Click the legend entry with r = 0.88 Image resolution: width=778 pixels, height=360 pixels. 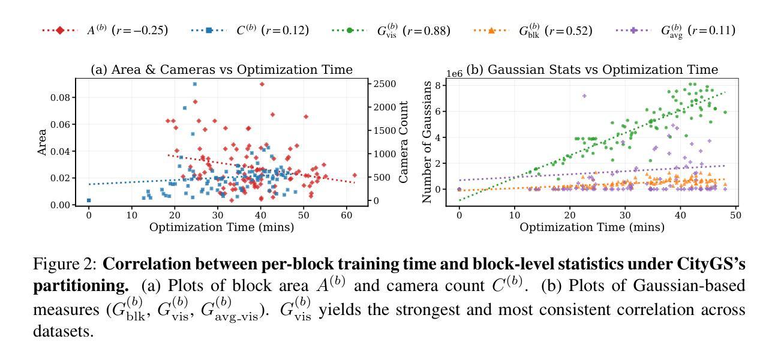390,30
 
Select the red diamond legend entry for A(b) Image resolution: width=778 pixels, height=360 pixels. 104,30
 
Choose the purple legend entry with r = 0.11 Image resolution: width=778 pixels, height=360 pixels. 678,30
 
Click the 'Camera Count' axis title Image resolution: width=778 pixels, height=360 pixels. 404,142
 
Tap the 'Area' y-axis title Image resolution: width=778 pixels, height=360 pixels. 42,142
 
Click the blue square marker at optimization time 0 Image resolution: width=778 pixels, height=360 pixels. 89,200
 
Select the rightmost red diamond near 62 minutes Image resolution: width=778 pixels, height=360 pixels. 355,175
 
